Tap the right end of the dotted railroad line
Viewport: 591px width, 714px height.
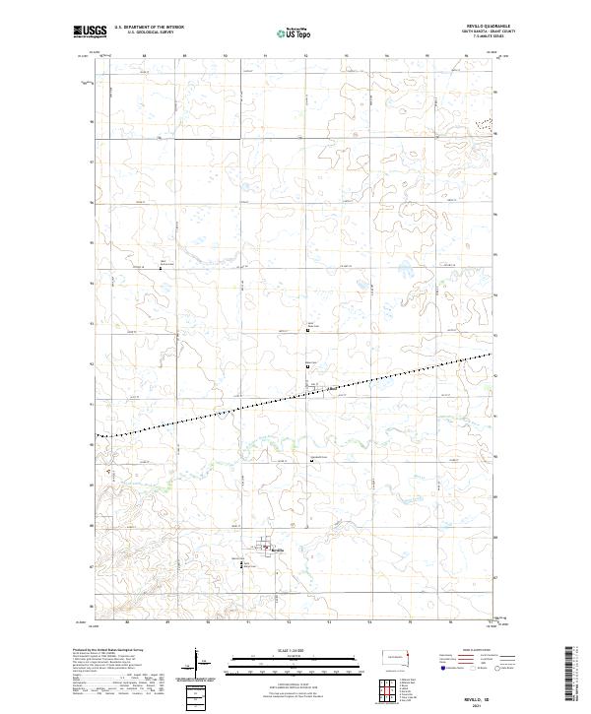pos(491,354)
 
